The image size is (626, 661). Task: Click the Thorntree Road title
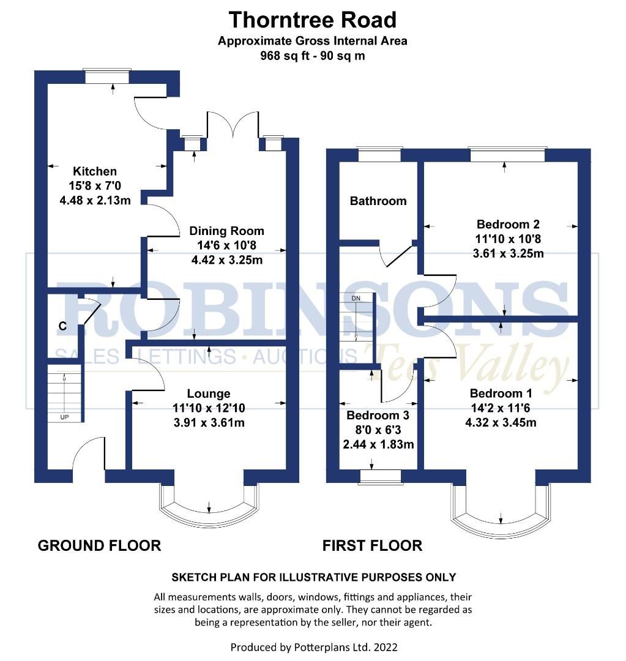[313, 20]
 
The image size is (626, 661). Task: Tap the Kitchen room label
[94, 171]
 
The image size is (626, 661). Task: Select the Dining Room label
[226, 231]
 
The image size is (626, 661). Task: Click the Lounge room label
[209, 394]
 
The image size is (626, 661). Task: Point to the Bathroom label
[378, 201]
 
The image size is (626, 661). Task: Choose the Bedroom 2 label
[500, 224]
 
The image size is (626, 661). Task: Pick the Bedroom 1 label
[501, 393]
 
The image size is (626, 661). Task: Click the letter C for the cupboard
[62, 326]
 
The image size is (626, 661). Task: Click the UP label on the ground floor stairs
[64, 417]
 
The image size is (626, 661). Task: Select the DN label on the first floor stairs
[356, 298]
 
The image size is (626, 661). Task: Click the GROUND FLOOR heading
[99, 545]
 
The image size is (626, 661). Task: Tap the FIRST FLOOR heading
[372, 545]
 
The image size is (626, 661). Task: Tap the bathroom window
[379, 155]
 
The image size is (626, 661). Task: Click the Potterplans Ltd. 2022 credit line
[313, 646]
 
